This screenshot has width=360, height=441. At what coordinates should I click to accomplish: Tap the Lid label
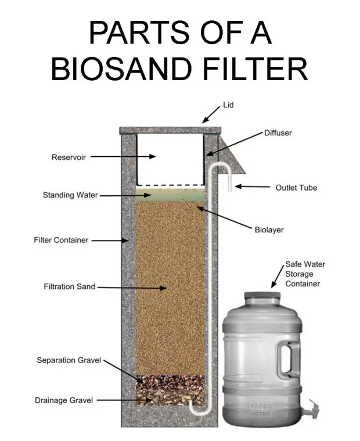228,105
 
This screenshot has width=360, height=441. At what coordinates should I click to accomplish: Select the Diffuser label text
278,133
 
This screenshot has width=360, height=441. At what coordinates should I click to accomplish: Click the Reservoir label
69,157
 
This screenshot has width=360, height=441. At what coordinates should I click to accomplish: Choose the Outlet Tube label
296,188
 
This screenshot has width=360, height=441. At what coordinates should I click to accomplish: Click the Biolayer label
269,230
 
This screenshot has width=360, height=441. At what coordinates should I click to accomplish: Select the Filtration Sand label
69,286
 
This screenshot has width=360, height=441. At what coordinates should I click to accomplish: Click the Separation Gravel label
69,360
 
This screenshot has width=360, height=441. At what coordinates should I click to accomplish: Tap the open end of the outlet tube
230,191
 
